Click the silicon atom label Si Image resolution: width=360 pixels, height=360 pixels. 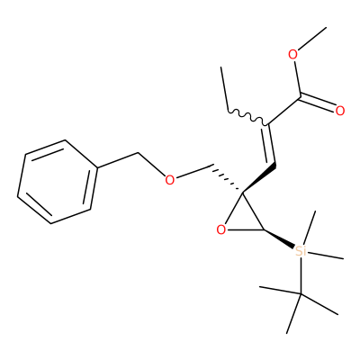(301, 251)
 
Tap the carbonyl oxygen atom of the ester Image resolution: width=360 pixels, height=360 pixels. (340, 111)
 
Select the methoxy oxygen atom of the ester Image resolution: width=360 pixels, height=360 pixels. (292, 55)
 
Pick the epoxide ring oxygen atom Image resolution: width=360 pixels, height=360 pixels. (221, 230)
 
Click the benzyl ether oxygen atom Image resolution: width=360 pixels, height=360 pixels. (170, 180)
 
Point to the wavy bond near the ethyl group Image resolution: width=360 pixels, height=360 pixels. (247, 118)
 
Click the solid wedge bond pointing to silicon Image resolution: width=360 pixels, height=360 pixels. (279, 238)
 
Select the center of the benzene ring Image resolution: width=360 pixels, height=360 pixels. (58, 182)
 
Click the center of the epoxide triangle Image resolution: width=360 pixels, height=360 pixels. (242, 217)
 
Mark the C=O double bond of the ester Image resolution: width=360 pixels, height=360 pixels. (318, 103)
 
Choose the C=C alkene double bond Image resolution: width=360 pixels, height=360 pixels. (270, 145)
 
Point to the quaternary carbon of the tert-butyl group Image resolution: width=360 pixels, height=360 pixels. (300, 294)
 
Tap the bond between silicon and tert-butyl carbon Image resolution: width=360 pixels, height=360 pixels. (301, 275)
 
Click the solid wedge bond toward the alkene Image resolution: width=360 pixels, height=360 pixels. (259, 178)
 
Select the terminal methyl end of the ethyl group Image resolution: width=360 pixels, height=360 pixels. (221, 67)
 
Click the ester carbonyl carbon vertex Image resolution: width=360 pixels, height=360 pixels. (300, 96)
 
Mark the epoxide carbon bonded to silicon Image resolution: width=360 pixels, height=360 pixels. (264, 230)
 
